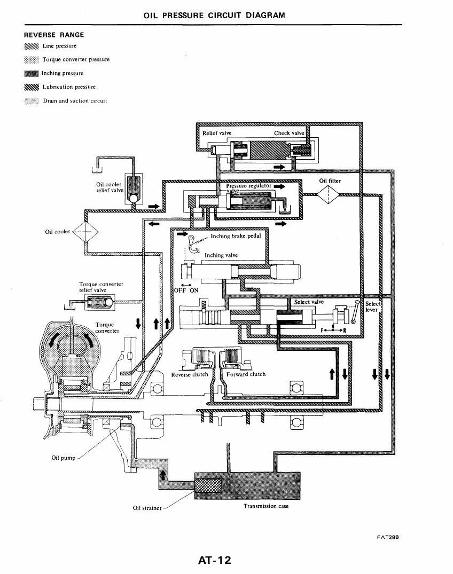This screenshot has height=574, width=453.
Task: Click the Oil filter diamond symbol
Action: pyautogui.click(x=329, y=194)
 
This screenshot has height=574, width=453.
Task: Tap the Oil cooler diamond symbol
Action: pyautogui.click(x=86, y=231)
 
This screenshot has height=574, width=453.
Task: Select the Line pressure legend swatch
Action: pyautogui.click(x=32, y=46)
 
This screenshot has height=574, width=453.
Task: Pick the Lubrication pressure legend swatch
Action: pyautogui.click(x=32, y=87)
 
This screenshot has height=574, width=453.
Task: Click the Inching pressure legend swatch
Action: pyautogui.click(x=32, y=74)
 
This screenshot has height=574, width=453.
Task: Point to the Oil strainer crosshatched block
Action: pyautogui.click(x=207, y=485)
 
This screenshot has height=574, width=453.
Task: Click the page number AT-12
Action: pyautogui.click(x=215, y=560)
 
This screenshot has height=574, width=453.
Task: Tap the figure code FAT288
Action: pyautogui.click(x=388, y=537)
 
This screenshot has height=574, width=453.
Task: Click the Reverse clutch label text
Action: pyautogui.click(x=190, y=374)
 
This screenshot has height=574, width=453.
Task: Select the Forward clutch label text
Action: pyautogui.click(x=246, y=374)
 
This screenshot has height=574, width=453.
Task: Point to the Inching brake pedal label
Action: pyautogui.click(x=236, y=236)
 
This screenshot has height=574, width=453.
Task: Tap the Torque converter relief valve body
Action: pyautogui.click(x=99, y=302)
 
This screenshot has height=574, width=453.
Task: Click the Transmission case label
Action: pyautogui.click(x=266, y=506)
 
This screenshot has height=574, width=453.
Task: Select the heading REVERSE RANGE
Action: pyautogui.click(x=54, y=35)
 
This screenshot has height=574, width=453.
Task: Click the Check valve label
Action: pyautogui.click(x=289, y=133)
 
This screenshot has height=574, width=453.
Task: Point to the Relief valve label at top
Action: pyautogui.click(x=217, y=133)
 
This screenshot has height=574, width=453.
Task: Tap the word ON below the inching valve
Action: pyautogui.click(x=194, y=290)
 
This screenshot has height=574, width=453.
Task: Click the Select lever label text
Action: pyautogui.click(x=373, y=306)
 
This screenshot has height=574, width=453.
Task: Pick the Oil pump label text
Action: pyautogui.click(x=64, y=458)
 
